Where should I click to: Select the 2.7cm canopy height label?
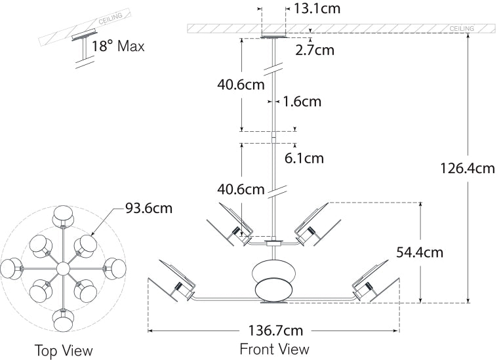[x=315, y=49]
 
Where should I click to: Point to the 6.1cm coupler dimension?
[x=304, y=157]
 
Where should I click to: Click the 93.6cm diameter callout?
[x=149, y=209]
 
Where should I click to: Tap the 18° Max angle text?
[x=118, y=47]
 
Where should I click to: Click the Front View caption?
[x=274, y=348]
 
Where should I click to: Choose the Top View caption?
[x=64, y=350]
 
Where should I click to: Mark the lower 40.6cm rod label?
[x=241, y=190]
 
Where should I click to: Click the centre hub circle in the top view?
[x=64, y=268]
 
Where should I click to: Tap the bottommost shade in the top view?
[x=64, y=321]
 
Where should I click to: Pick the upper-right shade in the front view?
[x=314, y=223]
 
